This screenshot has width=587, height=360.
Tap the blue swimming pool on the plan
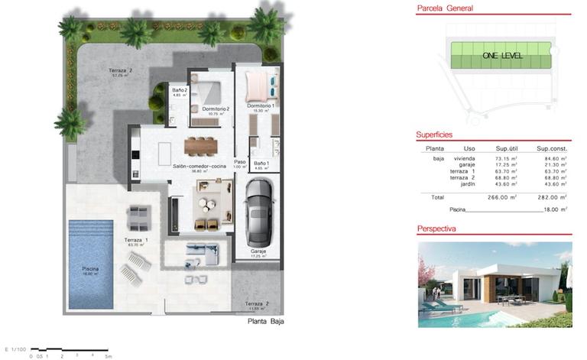tap(90, 264)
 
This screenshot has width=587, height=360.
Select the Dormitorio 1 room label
tap(260, 105)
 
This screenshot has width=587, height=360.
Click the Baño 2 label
tap(180, 90)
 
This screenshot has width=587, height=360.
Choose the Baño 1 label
tap(261, 163)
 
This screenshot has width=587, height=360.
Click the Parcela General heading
tap(444, 9)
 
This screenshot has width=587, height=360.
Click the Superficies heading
tap(435, 135)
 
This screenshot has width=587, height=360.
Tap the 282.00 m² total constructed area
tap(553, 196)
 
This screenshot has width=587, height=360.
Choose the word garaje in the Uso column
tap(467, 164)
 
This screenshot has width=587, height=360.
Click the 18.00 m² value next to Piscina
tap(553, 209)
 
